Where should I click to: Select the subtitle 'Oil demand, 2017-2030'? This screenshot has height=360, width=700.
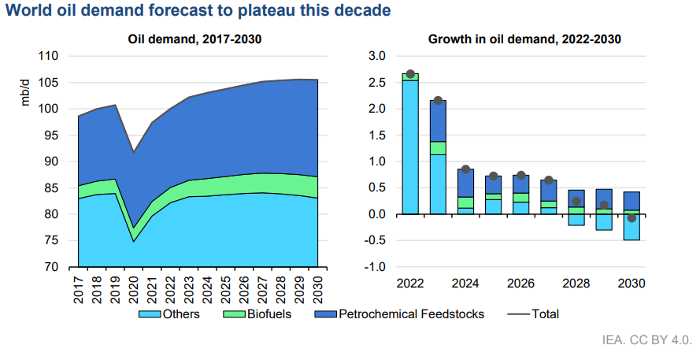[x=194, y=39]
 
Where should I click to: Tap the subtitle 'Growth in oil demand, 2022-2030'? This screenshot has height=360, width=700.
[x=525, y=39]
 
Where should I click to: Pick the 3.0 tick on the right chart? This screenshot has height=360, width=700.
[x=376, y=56]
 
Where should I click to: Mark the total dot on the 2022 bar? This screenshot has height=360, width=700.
[x=410, y=74]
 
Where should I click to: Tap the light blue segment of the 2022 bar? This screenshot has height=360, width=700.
[x=410, y=147]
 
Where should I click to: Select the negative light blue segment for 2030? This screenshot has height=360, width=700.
[x=631, y=227]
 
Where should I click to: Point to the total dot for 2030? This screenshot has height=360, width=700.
[x=631, y=218]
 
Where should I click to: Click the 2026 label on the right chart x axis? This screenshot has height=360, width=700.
[x=521, y=283]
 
